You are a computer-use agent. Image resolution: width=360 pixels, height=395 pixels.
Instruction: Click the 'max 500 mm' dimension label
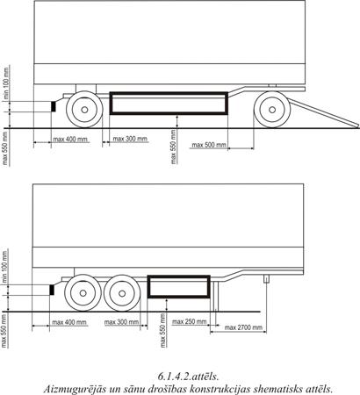tap(209, 145)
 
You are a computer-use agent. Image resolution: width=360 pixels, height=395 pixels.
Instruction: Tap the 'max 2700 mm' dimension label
tap(243, 327)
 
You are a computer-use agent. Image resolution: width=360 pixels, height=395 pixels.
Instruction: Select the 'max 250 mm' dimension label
tap(189, 322)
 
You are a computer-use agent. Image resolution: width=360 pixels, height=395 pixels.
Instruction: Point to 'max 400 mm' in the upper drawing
tap(70, 139)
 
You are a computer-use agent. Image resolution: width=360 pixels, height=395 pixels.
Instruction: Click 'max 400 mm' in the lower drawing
tap(69, 322)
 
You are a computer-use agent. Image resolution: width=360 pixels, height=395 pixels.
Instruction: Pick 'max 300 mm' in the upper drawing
tap(130, 139)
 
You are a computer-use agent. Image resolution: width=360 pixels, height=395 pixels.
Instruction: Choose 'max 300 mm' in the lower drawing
tap(121, 322)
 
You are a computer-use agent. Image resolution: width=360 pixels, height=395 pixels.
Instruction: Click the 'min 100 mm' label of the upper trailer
tap(6, 83)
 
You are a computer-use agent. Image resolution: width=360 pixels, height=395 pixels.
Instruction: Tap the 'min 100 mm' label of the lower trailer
tap(5, 266)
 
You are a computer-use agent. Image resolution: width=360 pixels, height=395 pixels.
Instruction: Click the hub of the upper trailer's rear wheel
tap(84, 110)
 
